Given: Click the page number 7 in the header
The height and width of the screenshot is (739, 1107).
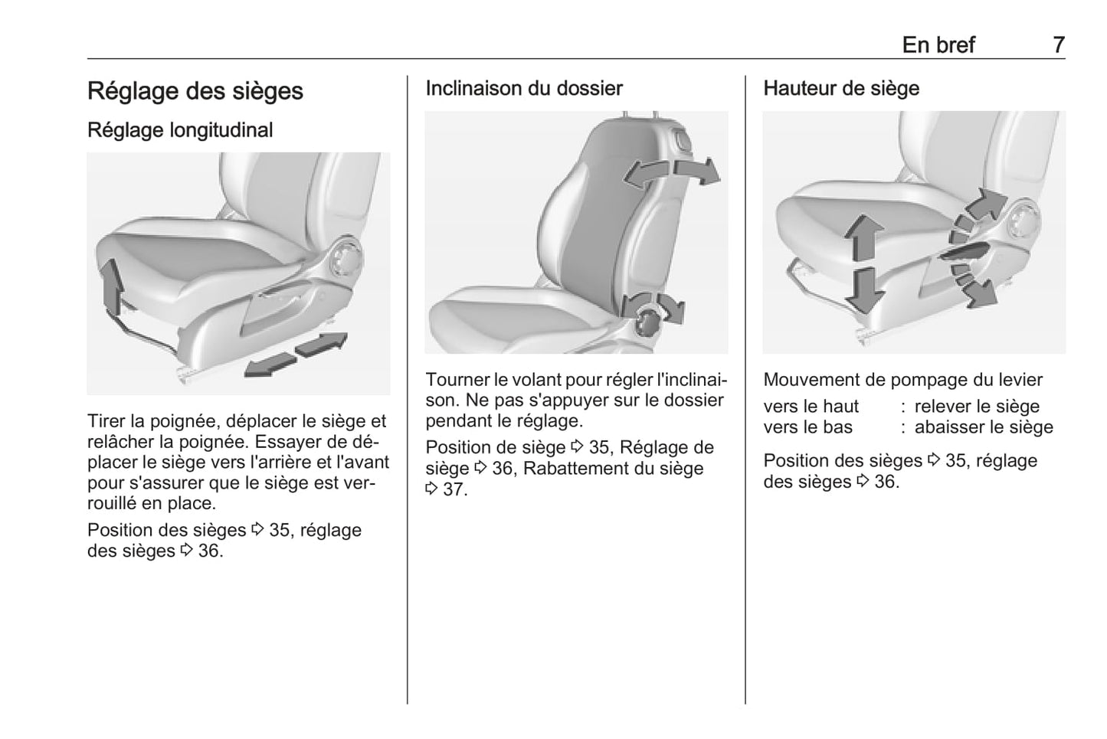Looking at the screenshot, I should pyautogui.click(x=1058, y=45).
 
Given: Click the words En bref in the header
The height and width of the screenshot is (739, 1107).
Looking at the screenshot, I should pyautogui.click(x=938, y=45).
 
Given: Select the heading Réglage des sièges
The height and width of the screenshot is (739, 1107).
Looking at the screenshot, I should pyautogui.click(x=195, y=91).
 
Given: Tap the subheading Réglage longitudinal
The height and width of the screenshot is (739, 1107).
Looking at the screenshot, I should pyautogui.click(x=180, y=130).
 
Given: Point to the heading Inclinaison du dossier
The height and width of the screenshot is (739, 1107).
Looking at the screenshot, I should pyautogui.click(x=524, y=89).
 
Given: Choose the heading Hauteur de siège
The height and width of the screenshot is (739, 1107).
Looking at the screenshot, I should pyautogui.click(x=841, y=89).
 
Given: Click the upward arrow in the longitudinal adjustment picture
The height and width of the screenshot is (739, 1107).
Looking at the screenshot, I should pyautogui.click(x=113, y=286).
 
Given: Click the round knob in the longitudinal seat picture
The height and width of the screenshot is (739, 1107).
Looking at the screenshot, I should pyautogui.click(x=344, y=257).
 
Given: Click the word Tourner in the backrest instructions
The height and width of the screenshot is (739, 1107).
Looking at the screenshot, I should pyautogui.click(x=457, y=380).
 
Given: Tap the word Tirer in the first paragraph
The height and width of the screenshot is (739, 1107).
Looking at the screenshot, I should pyautogui.click(x=106, y=421).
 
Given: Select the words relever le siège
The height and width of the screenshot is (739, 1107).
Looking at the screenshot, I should pyautogui.click(x=977, y=407).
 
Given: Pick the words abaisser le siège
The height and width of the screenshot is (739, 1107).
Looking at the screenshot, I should pyautogui.click(x=984, y=427).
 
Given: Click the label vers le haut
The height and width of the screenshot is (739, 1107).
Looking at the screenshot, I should pyautogui.click(x=811, y=407).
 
